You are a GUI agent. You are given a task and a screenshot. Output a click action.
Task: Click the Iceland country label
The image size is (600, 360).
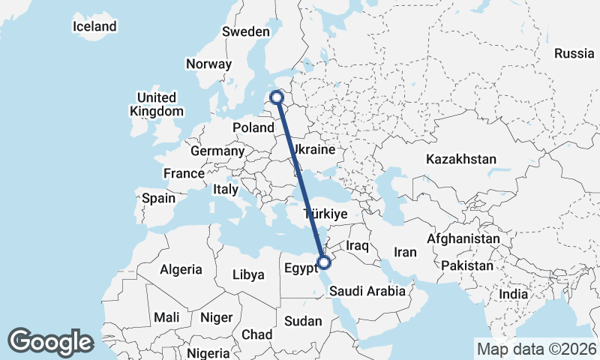94,26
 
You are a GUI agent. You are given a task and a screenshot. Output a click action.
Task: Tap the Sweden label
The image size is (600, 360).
245,31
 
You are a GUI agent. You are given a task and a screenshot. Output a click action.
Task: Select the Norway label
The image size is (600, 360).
208,64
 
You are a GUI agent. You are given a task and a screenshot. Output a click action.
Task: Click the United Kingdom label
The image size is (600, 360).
156,104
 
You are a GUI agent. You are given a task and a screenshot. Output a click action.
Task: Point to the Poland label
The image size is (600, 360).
253,127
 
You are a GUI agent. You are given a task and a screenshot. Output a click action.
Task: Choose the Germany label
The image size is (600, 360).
217,151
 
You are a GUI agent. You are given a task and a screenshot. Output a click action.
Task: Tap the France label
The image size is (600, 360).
184,173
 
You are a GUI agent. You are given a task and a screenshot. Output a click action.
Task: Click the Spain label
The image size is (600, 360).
158,199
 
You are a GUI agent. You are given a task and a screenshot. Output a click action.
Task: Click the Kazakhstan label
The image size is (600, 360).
461,159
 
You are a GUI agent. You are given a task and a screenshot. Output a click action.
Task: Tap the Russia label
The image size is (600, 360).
574,53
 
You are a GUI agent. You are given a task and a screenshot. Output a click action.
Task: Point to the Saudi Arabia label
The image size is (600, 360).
367,291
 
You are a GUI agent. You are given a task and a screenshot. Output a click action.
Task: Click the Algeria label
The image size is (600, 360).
181,268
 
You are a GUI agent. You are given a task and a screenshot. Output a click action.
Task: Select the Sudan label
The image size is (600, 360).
303,321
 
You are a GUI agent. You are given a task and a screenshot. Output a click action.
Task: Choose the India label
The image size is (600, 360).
514,294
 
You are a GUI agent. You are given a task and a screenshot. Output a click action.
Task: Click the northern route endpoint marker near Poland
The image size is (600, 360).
277,97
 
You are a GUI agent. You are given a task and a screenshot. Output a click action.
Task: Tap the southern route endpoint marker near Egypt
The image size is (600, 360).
324,262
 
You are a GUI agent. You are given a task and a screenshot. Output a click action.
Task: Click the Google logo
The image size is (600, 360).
50,341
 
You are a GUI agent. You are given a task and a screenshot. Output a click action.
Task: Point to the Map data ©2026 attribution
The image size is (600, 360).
535,348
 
